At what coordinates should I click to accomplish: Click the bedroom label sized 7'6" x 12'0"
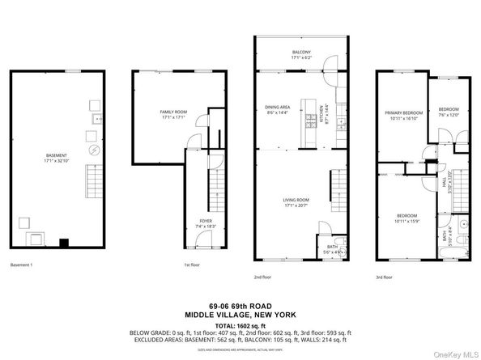tap(449, 112)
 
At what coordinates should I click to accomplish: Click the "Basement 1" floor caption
tap(23, 265)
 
